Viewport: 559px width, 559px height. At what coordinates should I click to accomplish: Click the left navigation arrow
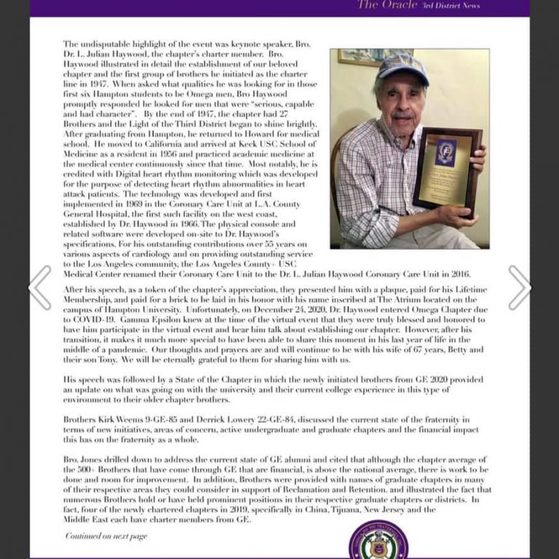click(40, 287)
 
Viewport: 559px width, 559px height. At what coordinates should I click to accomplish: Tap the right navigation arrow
click(519, 287)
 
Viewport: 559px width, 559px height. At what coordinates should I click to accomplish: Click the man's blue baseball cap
click(402, 68)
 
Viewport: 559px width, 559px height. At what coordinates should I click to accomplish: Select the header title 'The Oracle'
click(388, 5)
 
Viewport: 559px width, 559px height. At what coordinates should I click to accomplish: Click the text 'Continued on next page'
click(106, 536)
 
